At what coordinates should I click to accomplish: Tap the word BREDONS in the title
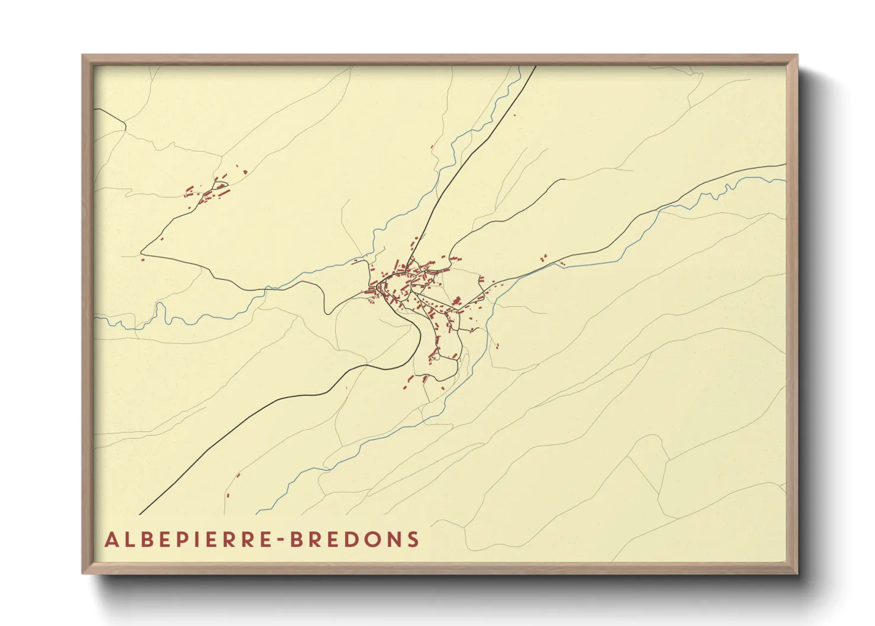click(x=354, y=540)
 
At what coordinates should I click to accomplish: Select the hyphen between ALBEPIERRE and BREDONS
click(x=280, y=540)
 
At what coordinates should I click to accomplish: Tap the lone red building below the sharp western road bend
click(x=142, y=259)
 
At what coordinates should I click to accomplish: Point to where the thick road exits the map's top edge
click(x=536, y=66)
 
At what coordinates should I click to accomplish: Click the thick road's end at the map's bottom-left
click(x=140, y=514)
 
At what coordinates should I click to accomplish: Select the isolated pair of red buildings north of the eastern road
click(x=543, y=258)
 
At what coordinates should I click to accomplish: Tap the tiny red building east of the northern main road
click(x=514, y=115)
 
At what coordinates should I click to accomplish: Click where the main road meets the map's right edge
click(x=785, y=164)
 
